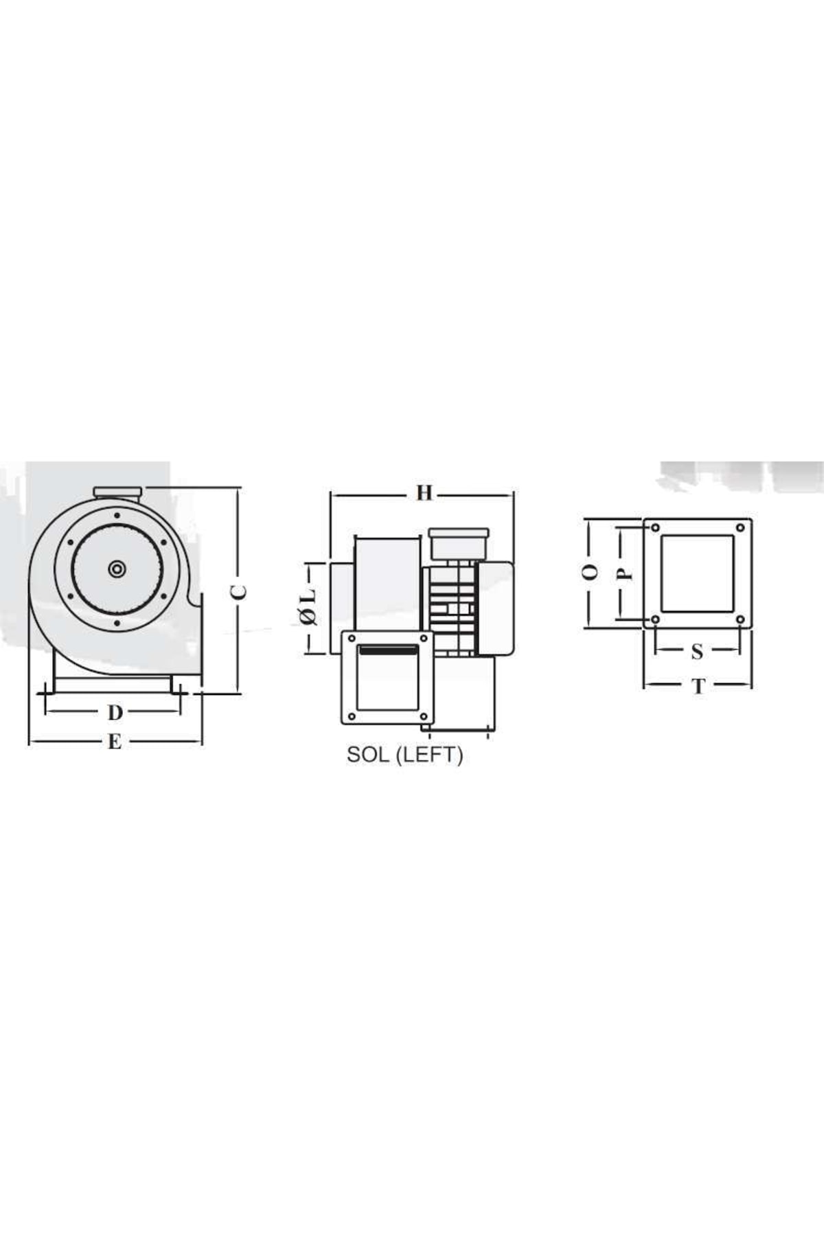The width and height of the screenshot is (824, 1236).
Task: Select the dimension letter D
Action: (x=115, y=713)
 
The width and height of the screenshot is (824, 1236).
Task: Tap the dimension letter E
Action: (x=115, y=742)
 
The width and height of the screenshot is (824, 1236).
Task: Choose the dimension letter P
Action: (x=624, y=573)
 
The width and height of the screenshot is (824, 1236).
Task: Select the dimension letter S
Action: (x=697, y=651)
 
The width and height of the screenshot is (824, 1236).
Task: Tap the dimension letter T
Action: (x=698, y=686)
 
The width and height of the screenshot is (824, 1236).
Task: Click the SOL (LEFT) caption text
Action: (x=404, y=755)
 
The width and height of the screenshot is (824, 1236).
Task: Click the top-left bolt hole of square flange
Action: (x=656, y=528)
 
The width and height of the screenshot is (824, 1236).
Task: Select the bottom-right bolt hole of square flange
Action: (x=740, y=619)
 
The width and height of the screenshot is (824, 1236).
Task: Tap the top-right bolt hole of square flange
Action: (x=740, y=528)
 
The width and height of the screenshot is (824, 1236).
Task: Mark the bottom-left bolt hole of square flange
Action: (x=656, y=619)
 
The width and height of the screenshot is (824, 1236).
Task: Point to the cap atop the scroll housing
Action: (x=117, y=491)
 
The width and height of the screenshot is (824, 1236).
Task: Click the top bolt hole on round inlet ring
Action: (x=117, y=515)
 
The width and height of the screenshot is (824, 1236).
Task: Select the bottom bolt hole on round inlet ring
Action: (x=117, y=623)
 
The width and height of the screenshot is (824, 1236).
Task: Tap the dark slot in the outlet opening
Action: (x=387, y=650)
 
